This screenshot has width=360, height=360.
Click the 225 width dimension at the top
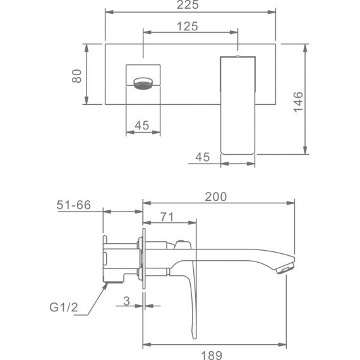(x=188, y=4)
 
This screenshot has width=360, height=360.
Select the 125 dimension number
(x=188, y=26)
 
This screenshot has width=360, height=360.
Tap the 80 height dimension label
(x=76, y=76)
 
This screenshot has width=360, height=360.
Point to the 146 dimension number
(x=298, y=102)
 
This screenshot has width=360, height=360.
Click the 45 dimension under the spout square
(x=142, y=125)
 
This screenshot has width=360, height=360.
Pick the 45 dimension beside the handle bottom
(x=203, y=157)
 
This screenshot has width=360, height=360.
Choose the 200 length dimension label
(x=216, y=197)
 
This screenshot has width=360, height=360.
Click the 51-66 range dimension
(x=74, y=205)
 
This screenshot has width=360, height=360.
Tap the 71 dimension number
(x=167, y=217)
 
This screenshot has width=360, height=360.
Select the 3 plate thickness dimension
(x=126, y=301)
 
